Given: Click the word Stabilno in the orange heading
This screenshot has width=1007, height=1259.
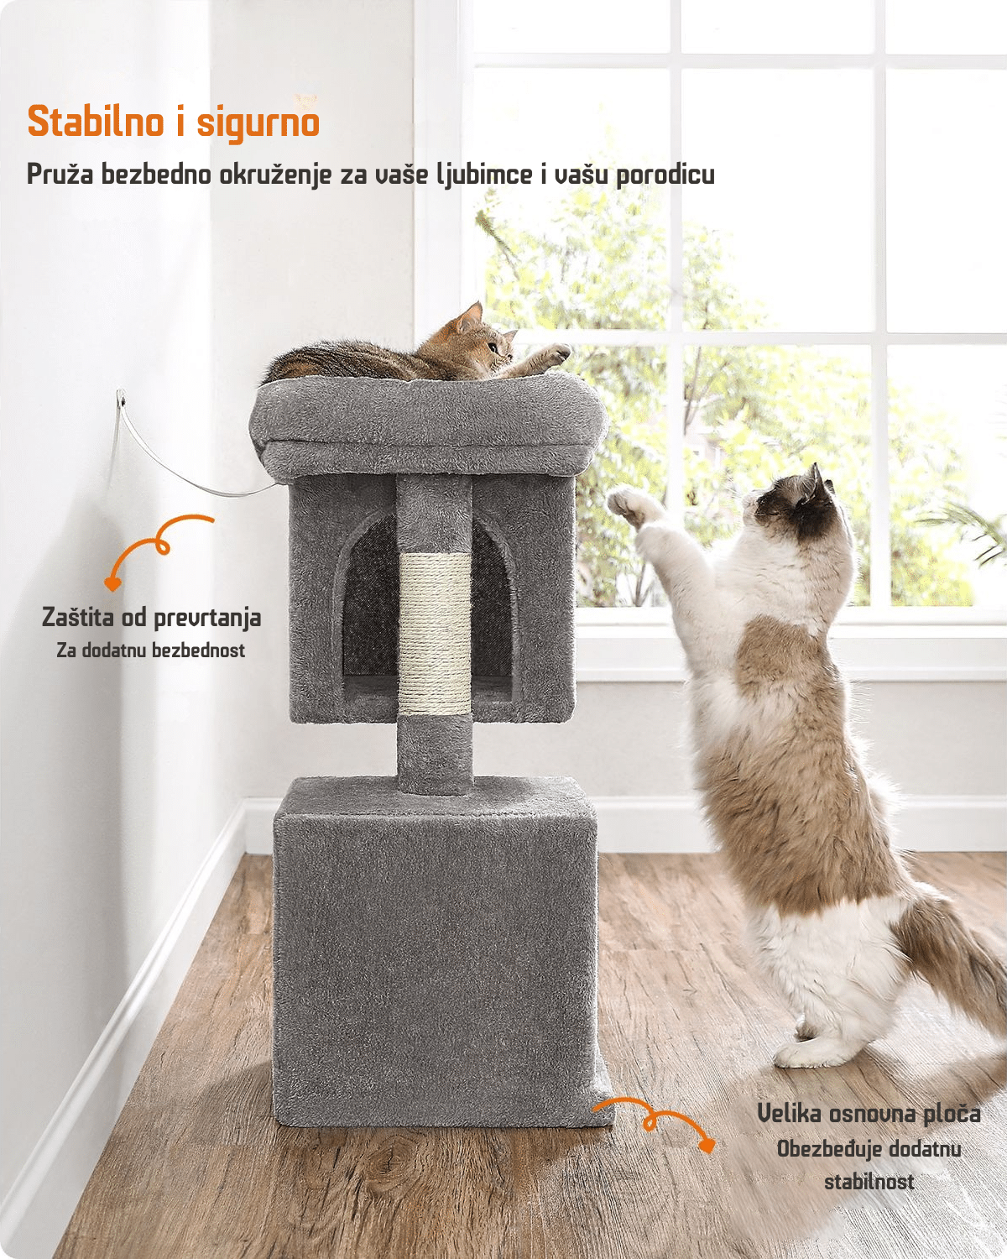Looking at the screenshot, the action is [96, 122].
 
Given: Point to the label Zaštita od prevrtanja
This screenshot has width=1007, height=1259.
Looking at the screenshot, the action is [152, 618].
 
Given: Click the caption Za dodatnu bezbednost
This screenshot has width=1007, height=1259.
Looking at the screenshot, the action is [150, 650].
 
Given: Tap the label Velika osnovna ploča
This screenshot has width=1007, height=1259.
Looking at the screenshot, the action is [869, 1113].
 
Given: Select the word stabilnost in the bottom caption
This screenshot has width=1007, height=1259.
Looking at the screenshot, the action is [869, 1181].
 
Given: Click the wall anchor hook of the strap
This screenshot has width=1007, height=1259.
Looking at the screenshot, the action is [121, 400].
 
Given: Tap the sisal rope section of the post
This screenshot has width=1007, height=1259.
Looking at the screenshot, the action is [434, 633].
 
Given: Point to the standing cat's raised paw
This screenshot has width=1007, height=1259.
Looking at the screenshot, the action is [626, 505].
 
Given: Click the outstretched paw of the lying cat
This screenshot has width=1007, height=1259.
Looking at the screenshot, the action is [553, 353].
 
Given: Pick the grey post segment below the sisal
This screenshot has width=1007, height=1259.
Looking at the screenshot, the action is [434, 754].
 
